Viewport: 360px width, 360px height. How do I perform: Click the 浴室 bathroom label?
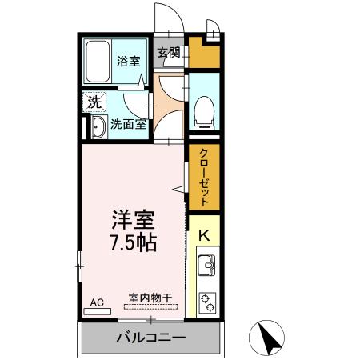(x=128, y=59)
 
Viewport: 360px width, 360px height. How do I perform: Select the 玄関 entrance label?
(x=169, y=54)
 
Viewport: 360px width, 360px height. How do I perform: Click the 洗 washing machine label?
(x=94, y=102)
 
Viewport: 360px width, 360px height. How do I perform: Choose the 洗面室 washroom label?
(x=128, y=124)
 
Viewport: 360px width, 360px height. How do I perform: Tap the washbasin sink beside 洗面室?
(x=98, y=126)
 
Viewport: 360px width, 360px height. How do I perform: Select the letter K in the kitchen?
(x=204, y=236)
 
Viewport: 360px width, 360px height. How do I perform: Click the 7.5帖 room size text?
(x=133, y=241)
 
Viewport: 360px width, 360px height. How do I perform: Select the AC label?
(x=97, y=302)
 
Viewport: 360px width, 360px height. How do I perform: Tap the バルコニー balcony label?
(x=150, y=337)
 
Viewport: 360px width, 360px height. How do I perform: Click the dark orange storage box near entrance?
(x=202, y=53)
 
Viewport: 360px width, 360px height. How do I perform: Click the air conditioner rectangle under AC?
(x=96, y=310)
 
